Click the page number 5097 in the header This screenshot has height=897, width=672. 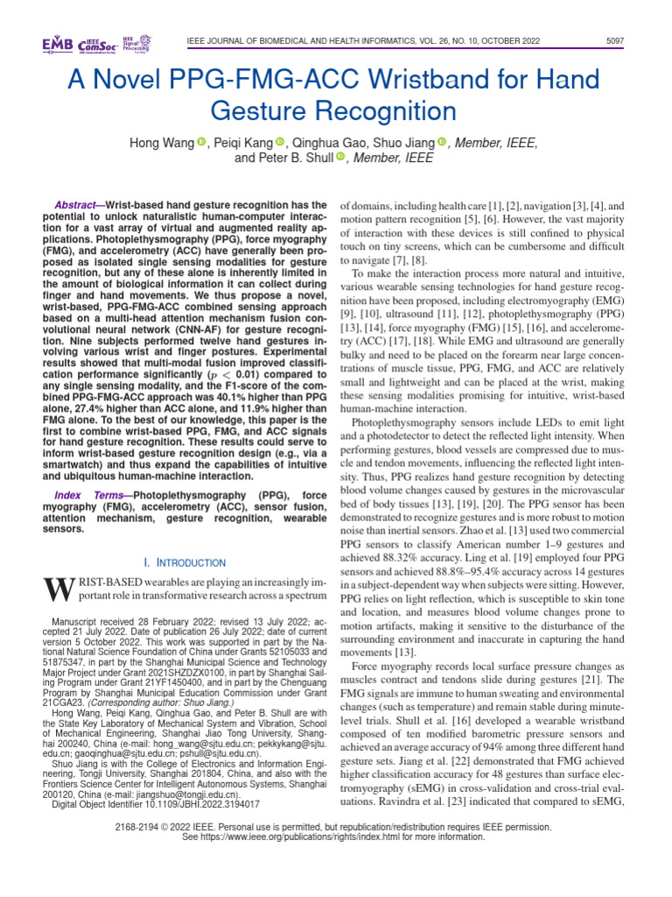pos(615,41)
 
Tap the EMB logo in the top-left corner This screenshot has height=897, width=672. pos(57,44)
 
